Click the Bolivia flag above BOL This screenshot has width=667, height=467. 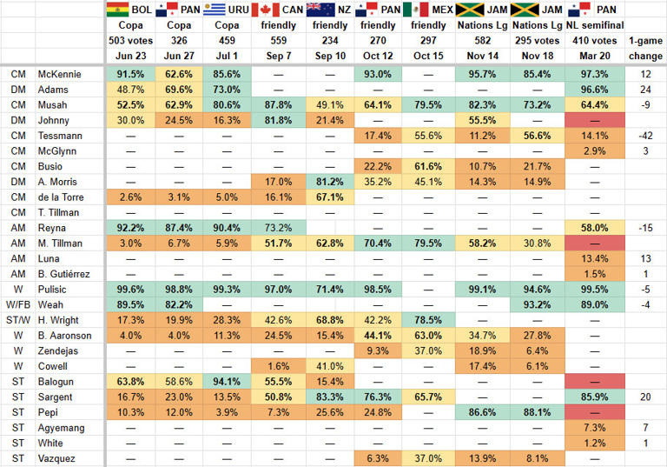point(116,10)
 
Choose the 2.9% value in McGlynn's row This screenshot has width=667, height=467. point(593,151)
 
